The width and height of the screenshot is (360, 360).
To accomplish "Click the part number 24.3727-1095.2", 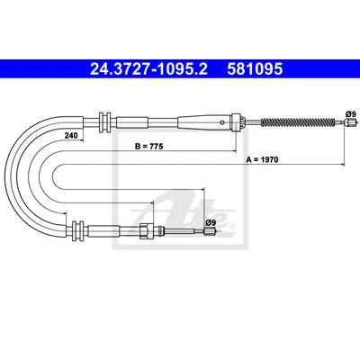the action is coord(148,69).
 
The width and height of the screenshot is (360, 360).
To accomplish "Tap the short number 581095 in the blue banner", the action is coord(255,69).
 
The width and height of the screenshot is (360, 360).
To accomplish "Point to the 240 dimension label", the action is coord(71,135).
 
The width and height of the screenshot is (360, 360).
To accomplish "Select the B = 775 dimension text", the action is coord(148,147).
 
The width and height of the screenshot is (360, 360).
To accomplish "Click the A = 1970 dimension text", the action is coord(262,159).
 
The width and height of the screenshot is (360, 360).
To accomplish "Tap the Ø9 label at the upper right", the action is coord(350,114).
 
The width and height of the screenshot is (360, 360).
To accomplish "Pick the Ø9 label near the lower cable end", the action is coord(211,222).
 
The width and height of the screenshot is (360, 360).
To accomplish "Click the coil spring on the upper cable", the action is coord(297,122).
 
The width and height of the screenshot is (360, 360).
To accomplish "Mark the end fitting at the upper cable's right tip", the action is coord(351,122).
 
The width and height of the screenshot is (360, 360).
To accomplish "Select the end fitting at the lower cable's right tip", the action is coord(210,231).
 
